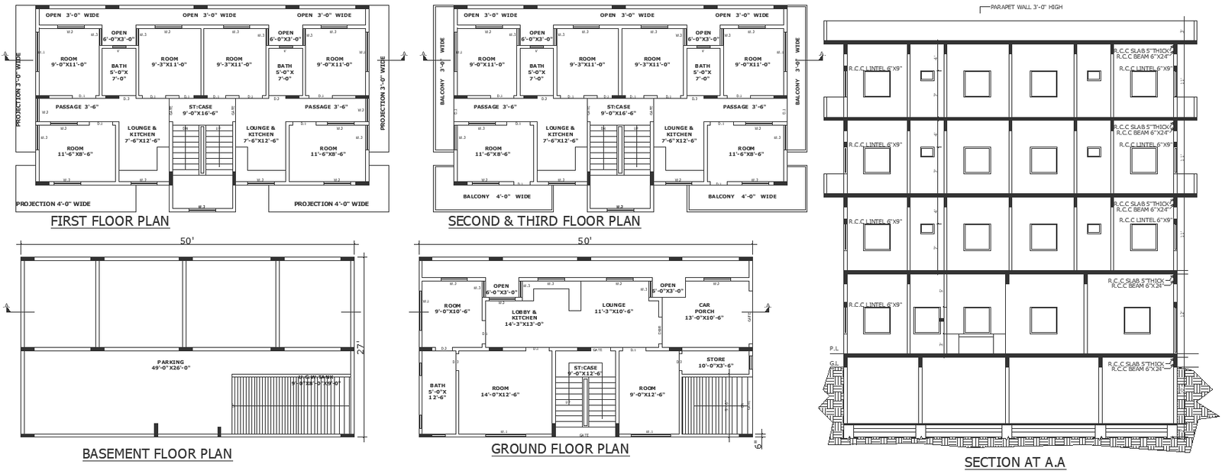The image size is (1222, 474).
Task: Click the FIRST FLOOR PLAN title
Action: (109, 221)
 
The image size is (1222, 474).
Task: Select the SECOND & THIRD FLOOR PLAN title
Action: (544, 221)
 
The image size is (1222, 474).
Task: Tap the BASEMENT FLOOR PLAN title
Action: (157, 453)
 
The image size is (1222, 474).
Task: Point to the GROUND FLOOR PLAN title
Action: (560, 449)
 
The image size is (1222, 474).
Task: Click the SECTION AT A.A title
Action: (1014, 462)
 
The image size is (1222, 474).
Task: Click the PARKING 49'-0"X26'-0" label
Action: (170, 365)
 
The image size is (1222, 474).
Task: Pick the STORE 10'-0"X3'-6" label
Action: (715, 362)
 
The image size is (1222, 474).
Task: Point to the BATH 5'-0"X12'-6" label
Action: (437, 391)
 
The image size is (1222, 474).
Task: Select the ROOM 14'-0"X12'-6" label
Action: (499, 391)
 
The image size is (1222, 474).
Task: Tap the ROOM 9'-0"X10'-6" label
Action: (452, 308)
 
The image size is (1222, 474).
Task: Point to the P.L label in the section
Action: (833, 348)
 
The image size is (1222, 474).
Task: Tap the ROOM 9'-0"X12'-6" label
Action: (647, 391)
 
